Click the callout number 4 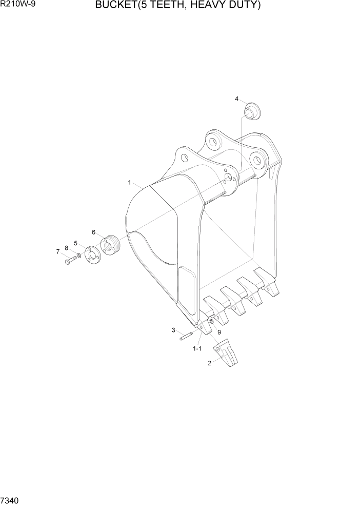[x=237, y=99]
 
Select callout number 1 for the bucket [x=130, y=182]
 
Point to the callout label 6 [x=94, y=232]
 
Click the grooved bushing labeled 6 [x=110, y=246]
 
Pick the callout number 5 [x=75, y=243]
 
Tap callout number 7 [x=58, y=251]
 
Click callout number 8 [x=66, y=248]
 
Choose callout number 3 [x=173, y=330]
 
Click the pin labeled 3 [x=186, y=337]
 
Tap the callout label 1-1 [x=197, y=348]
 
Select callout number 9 [x=219, y=332]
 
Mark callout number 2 [x=209, y=363]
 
